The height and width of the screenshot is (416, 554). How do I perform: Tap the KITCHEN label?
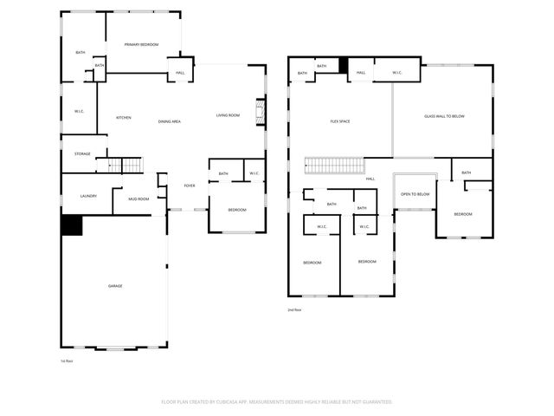pos(124,118)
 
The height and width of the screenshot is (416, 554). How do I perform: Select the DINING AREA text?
pos(169,121)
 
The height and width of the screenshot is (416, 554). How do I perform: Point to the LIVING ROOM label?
pos(228,115)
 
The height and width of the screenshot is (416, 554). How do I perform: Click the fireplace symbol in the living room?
pos(258,113)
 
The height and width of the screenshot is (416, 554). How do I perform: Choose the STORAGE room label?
pos(82,153)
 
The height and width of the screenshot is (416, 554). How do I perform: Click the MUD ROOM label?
pos(138,198)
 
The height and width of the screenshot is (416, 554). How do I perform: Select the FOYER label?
pos(189,185)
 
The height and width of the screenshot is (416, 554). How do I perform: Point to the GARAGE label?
pos(114,285)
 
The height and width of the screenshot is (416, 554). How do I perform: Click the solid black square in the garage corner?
pos(71,225)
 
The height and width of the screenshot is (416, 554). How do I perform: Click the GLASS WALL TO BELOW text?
pos(444,116)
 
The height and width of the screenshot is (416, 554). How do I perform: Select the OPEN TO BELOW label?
pos(415,194)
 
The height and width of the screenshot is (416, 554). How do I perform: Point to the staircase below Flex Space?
pos(333,166)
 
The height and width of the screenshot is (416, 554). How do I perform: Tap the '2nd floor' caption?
pos(294,309)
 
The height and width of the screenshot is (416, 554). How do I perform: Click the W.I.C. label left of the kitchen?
pos(79,111)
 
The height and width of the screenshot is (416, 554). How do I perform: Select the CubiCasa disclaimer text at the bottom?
pos(277,401)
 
